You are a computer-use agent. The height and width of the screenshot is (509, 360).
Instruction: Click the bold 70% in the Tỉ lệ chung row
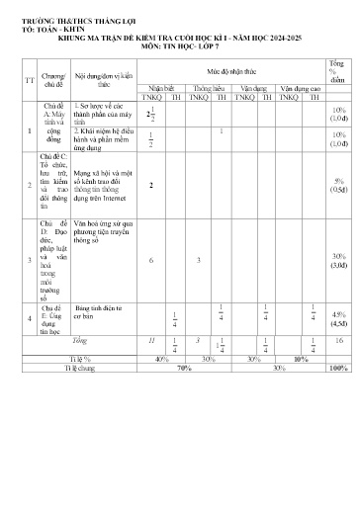click(184, 367)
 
